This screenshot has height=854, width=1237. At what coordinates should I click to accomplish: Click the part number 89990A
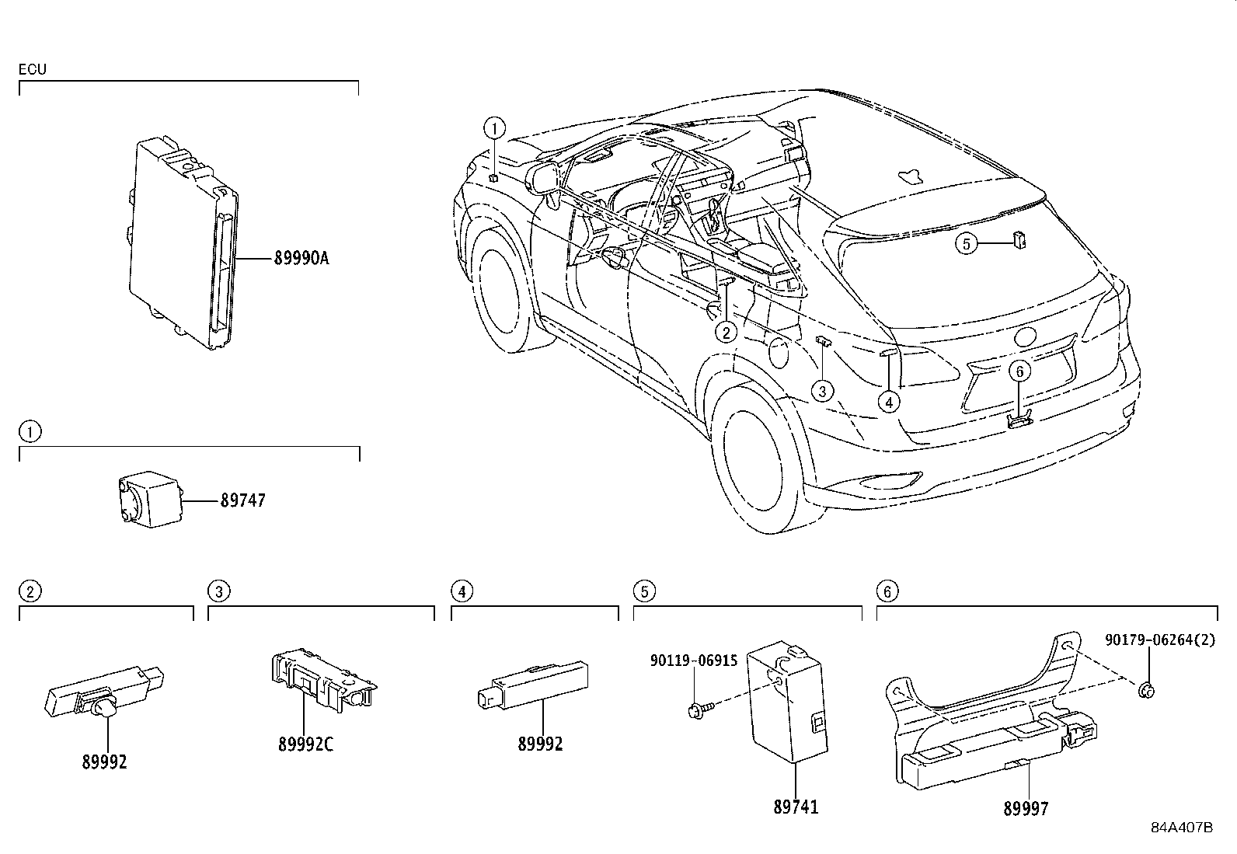pyautogui.click(x=301, y=258)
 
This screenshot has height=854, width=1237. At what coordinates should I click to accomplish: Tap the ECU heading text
pyautogui.click(x=33, y=69)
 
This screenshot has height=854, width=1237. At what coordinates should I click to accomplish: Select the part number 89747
pyautogui.click(x=242, y=500)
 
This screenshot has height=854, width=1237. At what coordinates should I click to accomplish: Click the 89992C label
pyautogui.click(x=305, y=744)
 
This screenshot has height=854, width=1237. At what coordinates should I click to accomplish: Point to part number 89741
pyautogui.click(x=795, y=807)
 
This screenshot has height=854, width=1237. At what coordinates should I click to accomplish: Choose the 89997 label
pyautogui.click(x=1026, y=809)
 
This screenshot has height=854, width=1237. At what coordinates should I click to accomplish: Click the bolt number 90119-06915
pyautogui.click(x=694, y=661)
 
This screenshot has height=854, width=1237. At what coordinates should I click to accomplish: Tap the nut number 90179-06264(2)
pyautogui.click(x=1158, y=640)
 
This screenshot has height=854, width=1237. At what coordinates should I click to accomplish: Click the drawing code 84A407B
pyautogui.click(x=1181, y=828)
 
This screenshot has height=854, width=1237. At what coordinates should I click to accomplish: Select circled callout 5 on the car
pyautogui.click(x=966, y=244)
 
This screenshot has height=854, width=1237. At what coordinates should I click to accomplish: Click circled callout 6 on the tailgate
pyautogui.click(x=1020, y=371)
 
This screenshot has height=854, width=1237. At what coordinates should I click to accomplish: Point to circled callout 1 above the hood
pyautogui.click(x=494, y=127)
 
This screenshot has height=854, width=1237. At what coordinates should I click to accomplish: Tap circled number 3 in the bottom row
pyautogui.click(x=219, y=592)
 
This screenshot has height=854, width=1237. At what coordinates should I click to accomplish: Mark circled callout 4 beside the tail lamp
pyautogui.click(x=888, y=402)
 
